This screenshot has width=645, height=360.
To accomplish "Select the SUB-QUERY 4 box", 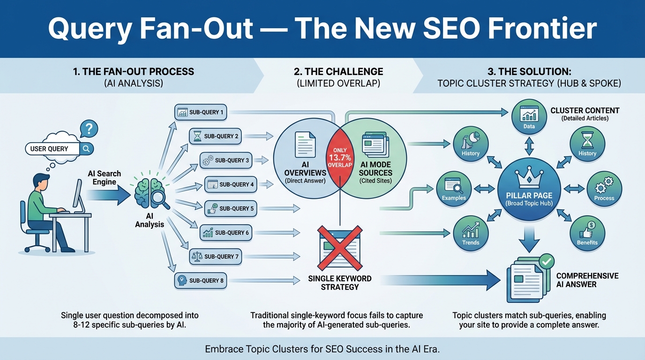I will tap(230, 184).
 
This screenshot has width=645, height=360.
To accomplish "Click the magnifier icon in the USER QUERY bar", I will tap(87, 149).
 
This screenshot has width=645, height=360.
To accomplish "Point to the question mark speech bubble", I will tap(89, 128).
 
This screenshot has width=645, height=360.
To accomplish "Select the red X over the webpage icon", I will tap(340, 245).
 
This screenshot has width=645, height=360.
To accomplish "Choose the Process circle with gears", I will tap(604, 189).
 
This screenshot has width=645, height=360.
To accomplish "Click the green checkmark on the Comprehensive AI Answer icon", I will tap(546, 261).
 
